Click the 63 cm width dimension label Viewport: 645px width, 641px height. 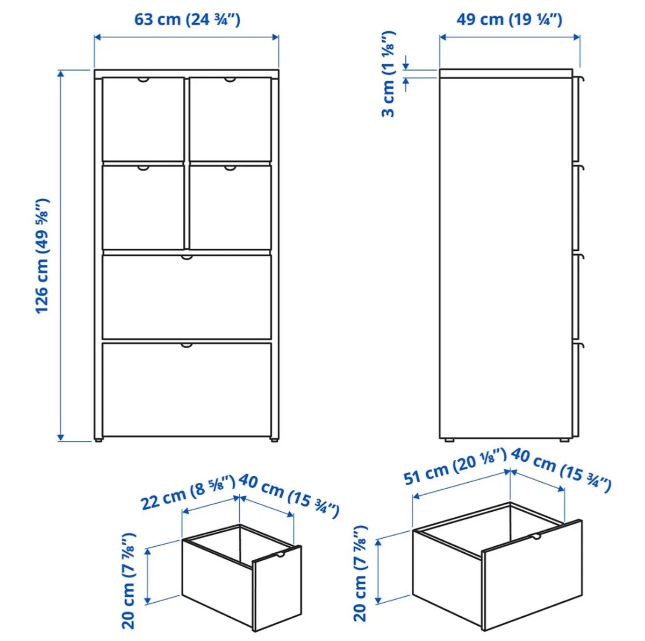pos(187,19)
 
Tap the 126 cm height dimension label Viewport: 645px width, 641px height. pos(42,256)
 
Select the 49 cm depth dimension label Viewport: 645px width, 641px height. pos(509,19)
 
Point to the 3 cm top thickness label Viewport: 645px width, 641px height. pos(389,74)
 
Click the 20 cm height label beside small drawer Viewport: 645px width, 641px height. pos(130,581)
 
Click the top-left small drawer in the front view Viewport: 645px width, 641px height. pos(143,119)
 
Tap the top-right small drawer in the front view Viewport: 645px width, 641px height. pos(230,119)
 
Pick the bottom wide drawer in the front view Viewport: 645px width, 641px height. pos(187,390)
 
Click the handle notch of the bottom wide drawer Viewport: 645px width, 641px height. pos(187,345)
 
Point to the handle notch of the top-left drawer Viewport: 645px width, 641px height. pos(143,80)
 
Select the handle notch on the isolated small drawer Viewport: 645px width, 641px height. pos(280,554)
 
